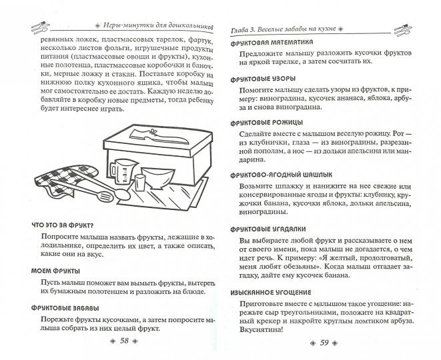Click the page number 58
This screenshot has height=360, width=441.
[124, 341]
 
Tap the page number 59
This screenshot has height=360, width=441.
[324, 343]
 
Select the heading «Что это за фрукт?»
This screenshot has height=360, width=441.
[63, 225]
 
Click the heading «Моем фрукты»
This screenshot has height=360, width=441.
[55, 271]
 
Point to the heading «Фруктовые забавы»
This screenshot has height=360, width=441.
[65, 308]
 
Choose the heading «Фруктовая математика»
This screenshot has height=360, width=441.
[272, 43]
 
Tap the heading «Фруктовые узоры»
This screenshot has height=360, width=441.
[263, 79]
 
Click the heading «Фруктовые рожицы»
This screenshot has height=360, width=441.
[267, 123]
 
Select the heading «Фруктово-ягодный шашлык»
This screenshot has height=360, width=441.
[282, 175]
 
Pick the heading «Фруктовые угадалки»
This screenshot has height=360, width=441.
[268, 229]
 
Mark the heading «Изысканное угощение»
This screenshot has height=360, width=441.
[271, 293]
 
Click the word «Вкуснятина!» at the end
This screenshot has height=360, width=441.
[262, 329]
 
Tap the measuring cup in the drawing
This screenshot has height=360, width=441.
[123, 172]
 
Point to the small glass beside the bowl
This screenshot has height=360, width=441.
[140, 183]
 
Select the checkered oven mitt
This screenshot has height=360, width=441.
[65, 178]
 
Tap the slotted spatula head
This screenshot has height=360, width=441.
[105, 196]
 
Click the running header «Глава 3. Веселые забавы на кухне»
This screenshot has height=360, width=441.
[284, 29]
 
